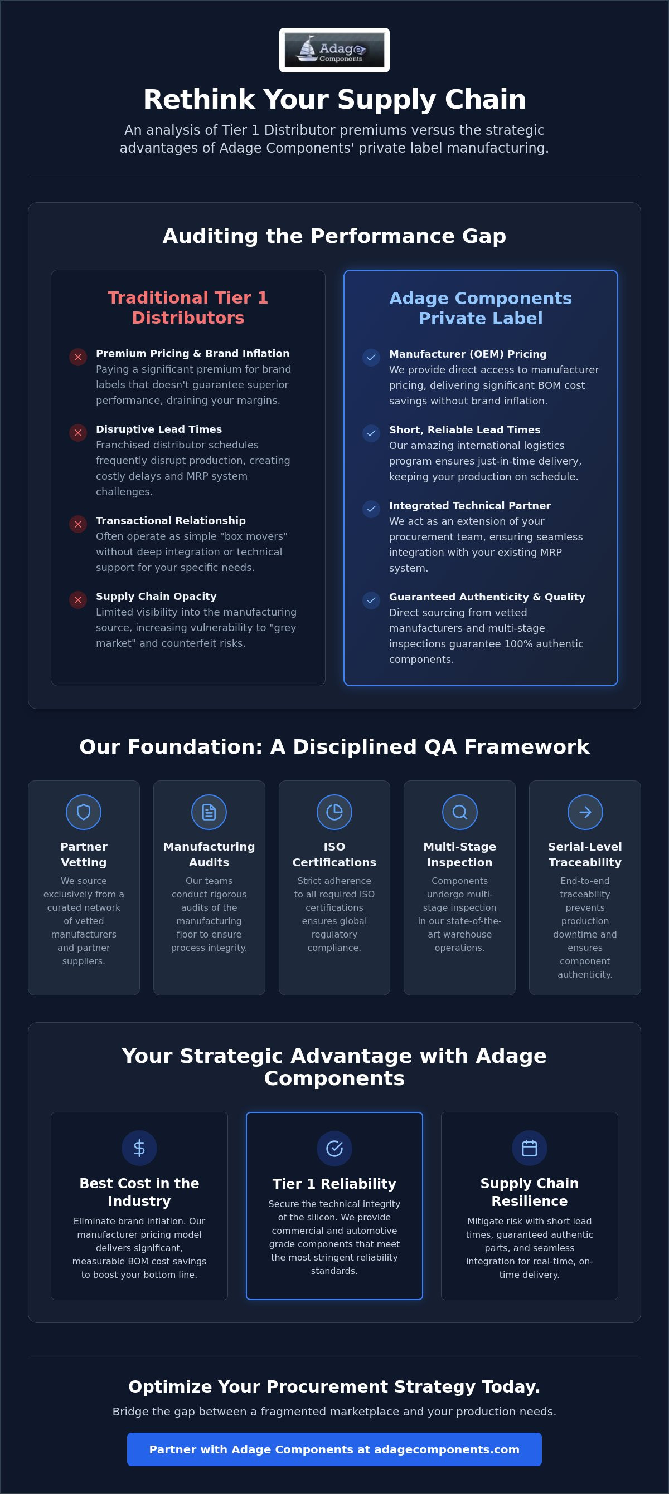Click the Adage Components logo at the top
pos(334,50)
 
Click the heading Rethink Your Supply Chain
pos(334,99)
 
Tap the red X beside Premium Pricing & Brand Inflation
pos(77,357)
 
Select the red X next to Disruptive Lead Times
pos(77,433)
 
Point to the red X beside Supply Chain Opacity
pos(77,600)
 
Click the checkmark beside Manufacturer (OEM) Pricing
pos(371,357)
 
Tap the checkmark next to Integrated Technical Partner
pos(371,509)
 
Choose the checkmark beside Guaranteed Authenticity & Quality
pos(371,600)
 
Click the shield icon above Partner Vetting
pos(84,812)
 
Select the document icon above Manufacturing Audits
pos(209,812)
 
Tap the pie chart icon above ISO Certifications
pos(334,812)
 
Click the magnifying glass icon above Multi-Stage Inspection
pos(459,812)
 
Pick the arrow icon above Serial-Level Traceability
pos(585,812)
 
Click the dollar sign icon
pos(139,1148)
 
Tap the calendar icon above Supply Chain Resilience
pos(529,1148)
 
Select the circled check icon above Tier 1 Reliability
pos(334,1148)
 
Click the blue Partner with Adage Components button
pos(334,1449)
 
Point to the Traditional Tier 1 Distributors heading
pos(188,307)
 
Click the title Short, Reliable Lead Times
pos(465,429)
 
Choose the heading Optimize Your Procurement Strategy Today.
pos(334,1386)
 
